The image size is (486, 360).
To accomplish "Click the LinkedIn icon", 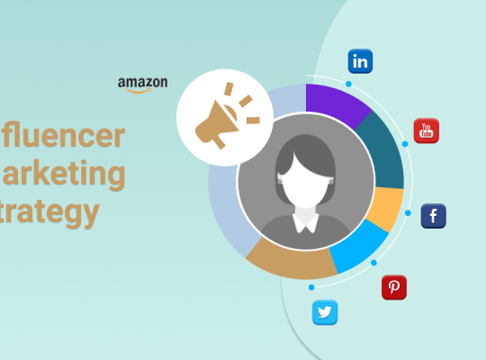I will click(x=360, y=61).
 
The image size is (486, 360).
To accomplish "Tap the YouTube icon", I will click(x=426, y=130).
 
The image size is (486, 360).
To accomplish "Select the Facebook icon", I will click(x=434, y=216).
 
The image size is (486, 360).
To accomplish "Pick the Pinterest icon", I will click(x=393, y=287).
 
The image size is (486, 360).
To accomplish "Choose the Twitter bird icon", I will click(x=325, y=312).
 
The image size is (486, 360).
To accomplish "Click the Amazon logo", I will click(x=142, y=85).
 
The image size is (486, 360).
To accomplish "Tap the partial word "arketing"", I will click(x=63, y=174).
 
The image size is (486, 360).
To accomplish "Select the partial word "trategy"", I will click(x=49, y=212).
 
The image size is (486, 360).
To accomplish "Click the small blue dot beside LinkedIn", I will click(x=347, y=84).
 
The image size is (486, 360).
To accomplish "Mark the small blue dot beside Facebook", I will click(x=408, y=213).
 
